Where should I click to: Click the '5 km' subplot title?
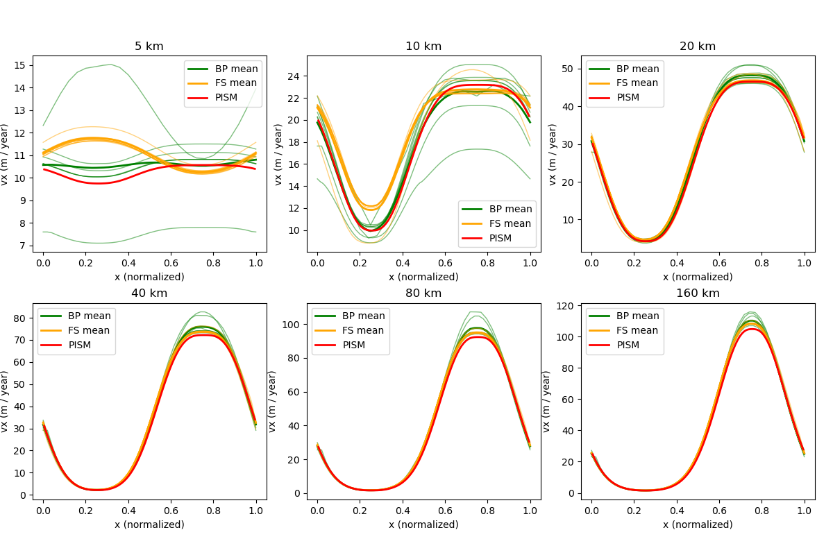[149, 46]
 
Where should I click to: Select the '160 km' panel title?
[698, 293]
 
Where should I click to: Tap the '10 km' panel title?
[423, 46]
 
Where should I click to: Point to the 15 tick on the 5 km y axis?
[21, 65]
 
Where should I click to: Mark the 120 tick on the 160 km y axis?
[566, 306]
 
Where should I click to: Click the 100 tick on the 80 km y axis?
[292, 324]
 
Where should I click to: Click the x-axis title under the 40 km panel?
[149, 524]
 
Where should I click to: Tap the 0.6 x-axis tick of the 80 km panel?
[445, 510]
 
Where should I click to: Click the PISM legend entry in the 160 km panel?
[628, 345]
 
